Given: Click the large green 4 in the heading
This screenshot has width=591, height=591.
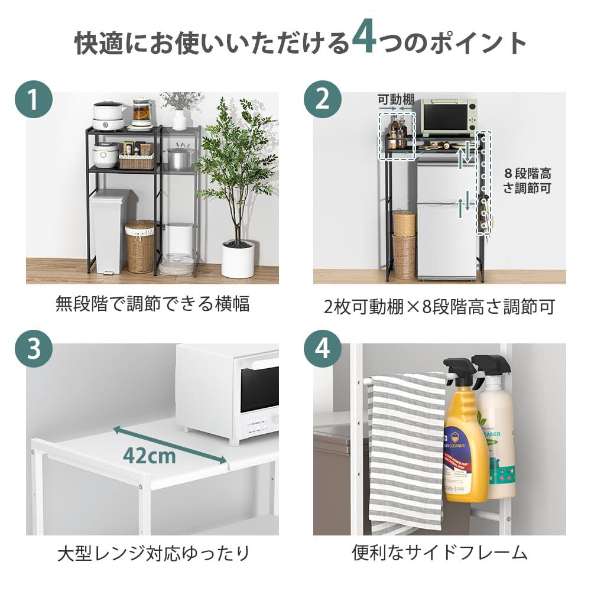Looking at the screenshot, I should tap(363, 40).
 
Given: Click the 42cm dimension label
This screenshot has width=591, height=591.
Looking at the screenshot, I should tap(150, 455).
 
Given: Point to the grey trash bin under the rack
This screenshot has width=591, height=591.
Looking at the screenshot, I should tap(109, 230).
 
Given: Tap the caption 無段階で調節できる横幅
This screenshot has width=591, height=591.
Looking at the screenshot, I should tap(152, 304).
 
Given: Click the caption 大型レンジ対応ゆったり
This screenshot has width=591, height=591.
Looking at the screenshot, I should tap(153, 554).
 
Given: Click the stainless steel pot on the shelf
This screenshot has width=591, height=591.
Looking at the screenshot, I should tap(180, 158).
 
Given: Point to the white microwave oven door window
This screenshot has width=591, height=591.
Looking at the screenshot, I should tap(259, 389).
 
